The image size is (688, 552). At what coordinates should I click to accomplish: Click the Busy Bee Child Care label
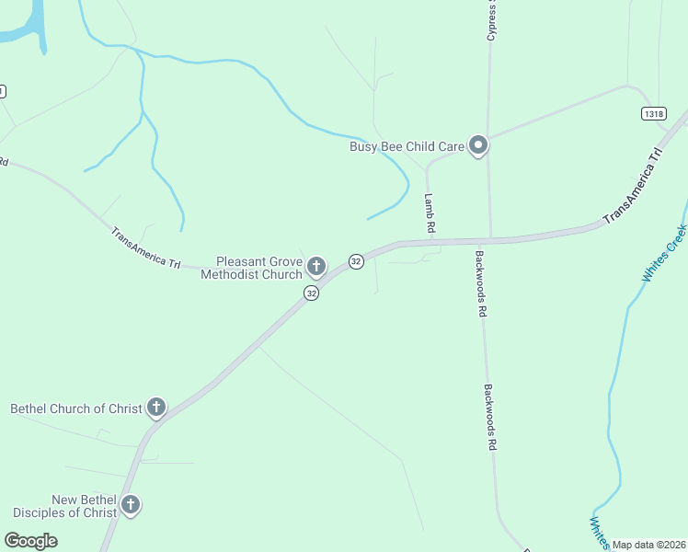tap(407, 146)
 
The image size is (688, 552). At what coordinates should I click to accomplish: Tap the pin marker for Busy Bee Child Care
tap(477, 145)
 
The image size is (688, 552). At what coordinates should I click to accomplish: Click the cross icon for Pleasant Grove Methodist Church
tap(315, 268)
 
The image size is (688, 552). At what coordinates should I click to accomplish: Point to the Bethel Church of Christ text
tap(75, 408)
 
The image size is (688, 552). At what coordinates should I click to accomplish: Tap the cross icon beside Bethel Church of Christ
tap(156, 407)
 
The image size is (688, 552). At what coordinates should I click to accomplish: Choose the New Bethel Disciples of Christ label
tap(64, 506)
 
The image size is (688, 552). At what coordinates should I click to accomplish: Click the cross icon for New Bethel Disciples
tap(131, 505)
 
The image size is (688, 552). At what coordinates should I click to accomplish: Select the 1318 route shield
tap(653, 113)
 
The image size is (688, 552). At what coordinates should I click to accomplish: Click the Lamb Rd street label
tap(429, 212)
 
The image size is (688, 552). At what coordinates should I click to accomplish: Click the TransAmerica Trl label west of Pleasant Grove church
tap(145, 247)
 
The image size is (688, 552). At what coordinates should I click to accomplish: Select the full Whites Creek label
tap(663, 254)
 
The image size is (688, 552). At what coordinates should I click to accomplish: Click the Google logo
tap(31, 541)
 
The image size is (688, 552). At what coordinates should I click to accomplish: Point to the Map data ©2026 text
tap(649, 545)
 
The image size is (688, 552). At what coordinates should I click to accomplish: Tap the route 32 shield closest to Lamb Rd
tap(356, 261)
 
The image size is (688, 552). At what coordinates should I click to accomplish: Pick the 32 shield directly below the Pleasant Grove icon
tap(312, 293)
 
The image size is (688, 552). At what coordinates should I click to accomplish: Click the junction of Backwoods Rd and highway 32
tap(490, 241)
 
